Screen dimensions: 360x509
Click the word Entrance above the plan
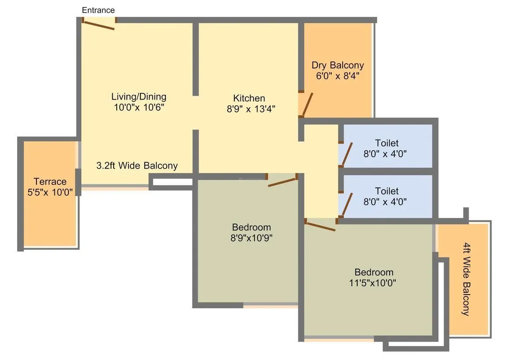point(98,10)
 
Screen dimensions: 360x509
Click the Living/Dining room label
point(139,97)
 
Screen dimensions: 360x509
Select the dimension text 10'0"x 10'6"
point(139,107)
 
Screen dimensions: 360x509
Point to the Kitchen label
point(249,98)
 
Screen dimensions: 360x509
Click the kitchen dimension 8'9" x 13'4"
point(251,109)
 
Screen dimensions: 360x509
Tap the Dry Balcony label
point(337,65)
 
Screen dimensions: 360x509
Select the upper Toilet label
point(387,143)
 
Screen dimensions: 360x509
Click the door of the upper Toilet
point(347,154)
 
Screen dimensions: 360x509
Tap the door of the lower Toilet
point(347,204)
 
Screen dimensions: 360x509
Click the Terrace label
point(50,182)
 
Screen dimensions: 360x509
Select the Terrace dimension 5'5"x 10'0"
point(50,192)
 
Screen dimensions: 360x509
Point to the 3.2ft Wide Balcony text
point(137,166)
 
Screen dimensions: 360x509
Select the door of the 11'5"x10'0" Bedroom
point(320,227)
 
